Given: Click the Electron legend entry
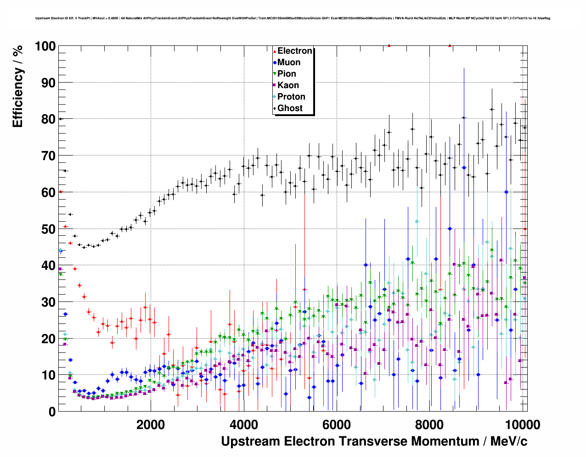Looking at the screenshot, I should (294, 51).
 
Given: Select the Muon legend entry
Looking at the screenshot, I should (288, 62).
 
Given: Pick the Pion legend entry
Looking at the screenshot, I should (287, 74).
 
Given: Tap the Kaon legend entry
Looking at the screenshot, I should (288, 85).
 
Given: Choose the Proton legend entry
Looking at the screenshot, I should (291, 97).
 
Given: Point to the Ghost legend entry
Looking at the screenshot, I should (290, 108).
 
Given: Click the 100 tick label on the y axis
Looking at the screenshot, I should (45, 46).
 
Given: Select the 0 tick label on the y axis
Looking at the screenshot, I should (52, 412).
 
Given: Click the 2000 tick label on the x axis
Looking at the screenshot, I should (151, 424).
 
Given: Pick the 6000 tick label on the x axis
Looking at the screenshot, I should (337, 424).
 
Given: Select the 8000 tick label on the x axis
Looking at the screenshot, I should (429, 424).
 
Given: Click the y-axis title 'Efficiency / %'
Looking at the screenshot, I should (17, 86).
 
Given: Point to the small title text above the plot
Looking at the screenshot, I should (293, 18).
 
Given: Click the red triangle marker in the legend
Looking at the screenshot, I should (275, 51).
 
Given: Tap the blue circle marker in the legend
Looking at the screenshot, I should (275, 63).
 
